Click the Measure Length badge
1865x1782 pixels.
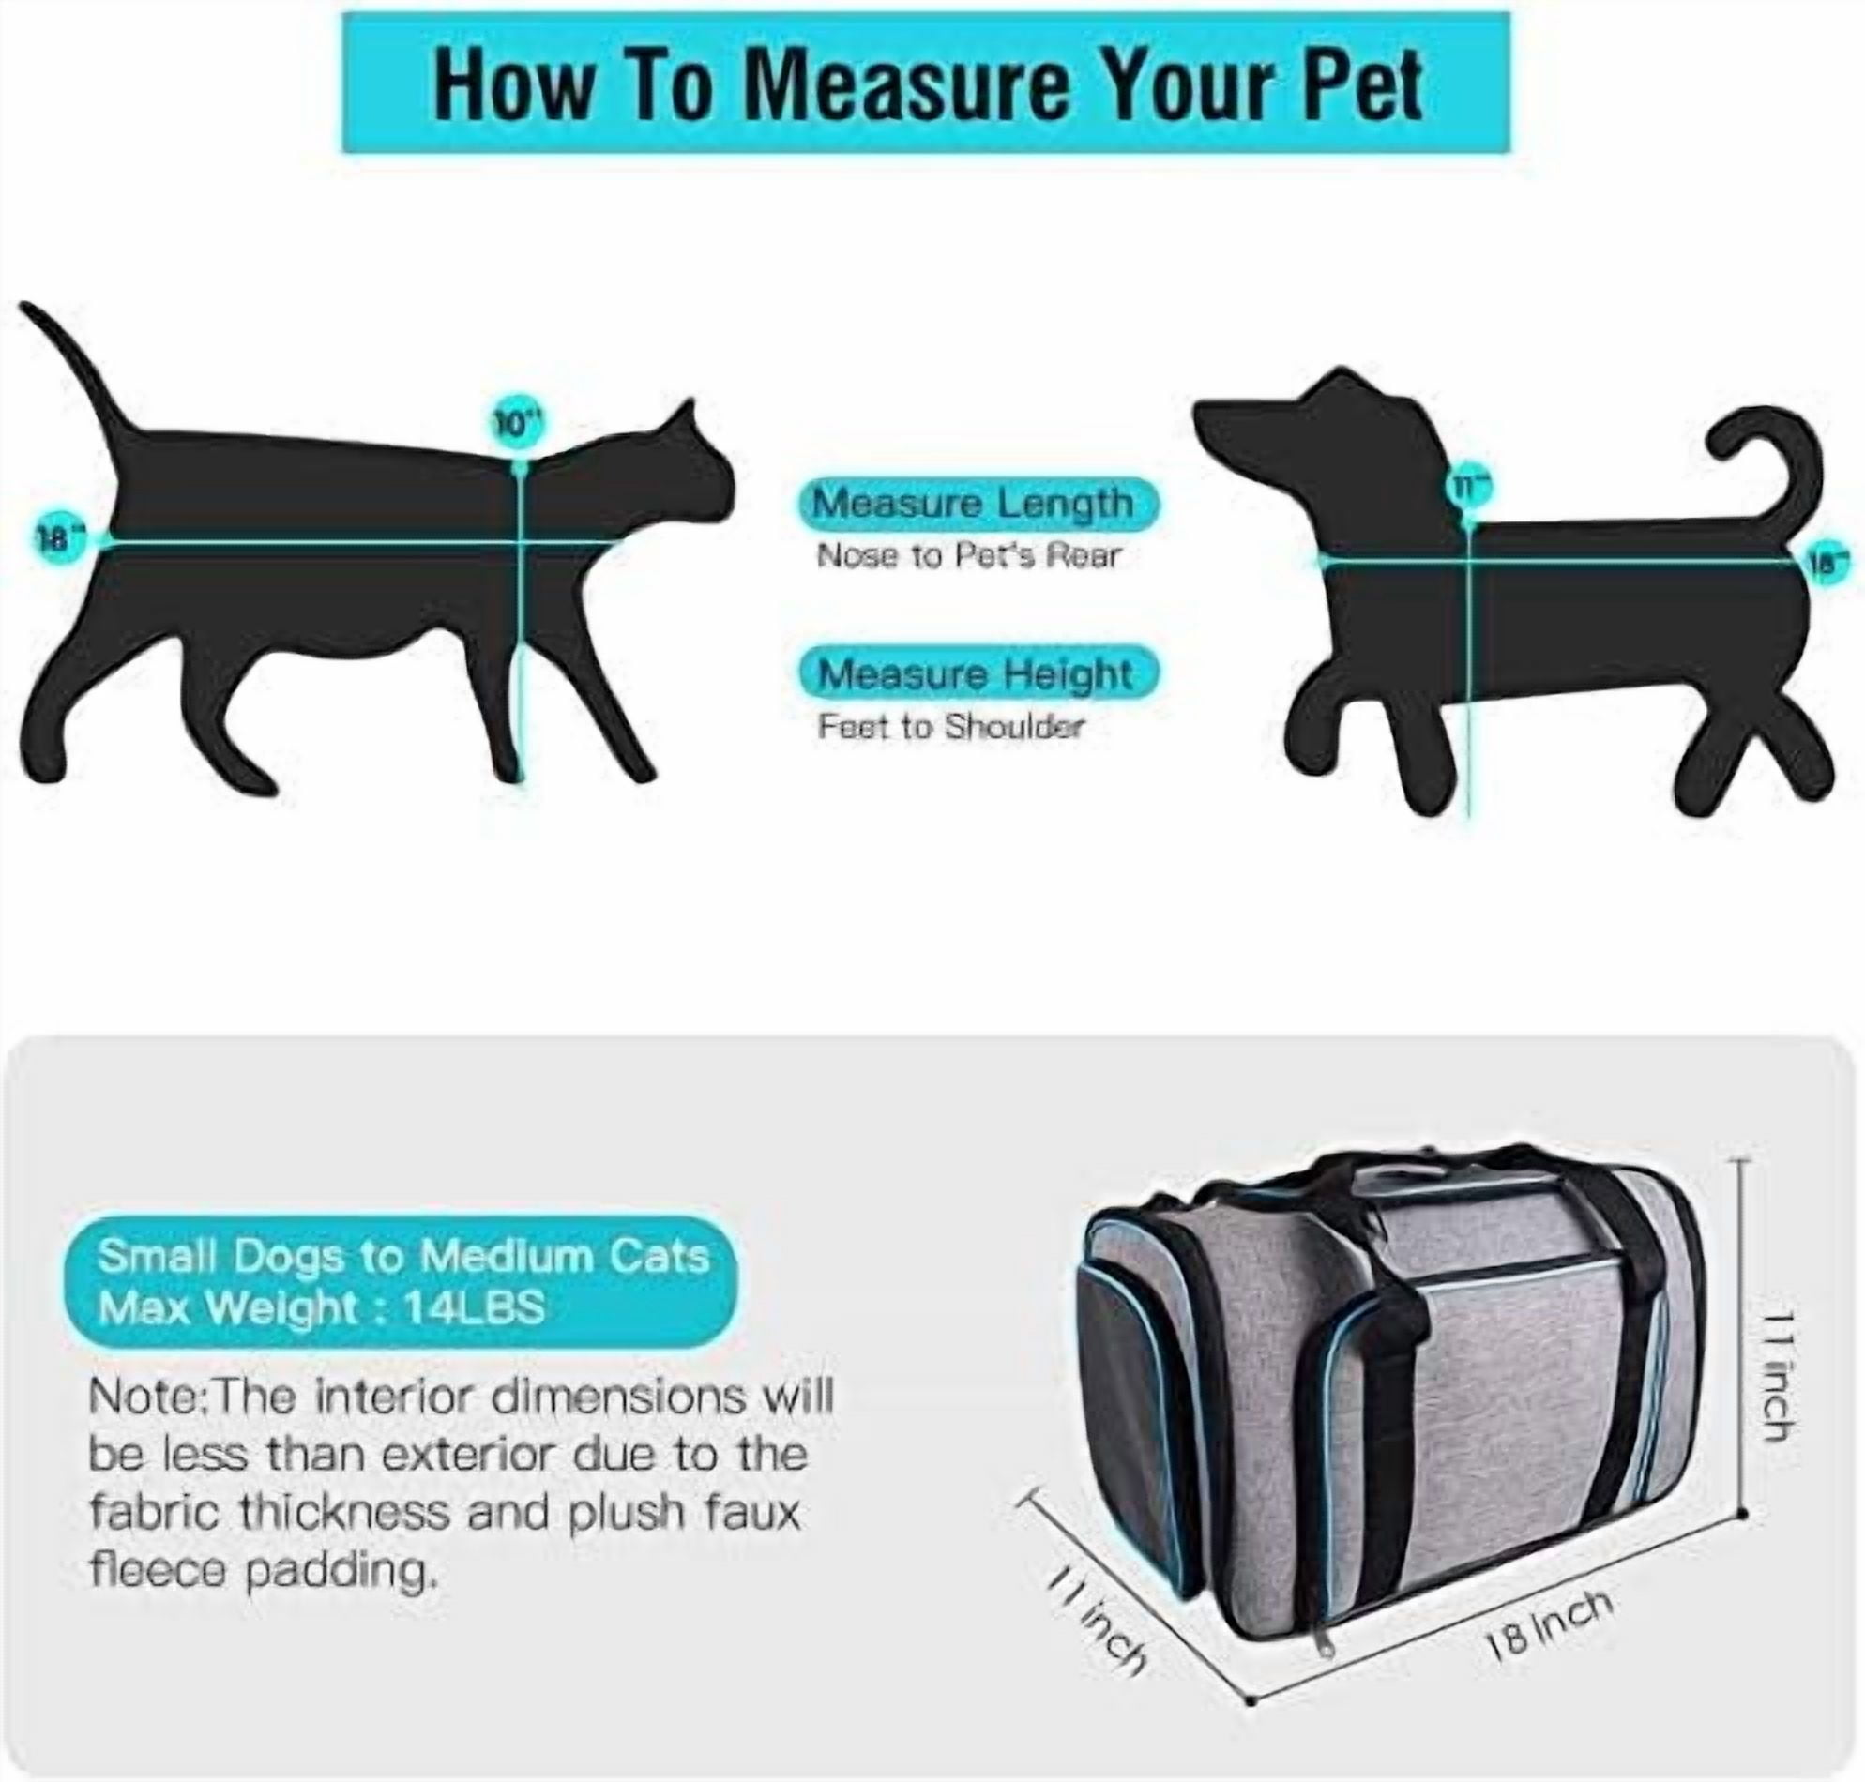[978, 505]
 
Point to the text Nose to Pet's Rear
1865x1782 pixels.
[968, 555]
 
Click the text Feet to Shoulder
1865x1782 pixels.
[950, 728]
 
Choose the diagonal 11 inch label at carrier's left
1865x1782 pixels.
[1098, 1619]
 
